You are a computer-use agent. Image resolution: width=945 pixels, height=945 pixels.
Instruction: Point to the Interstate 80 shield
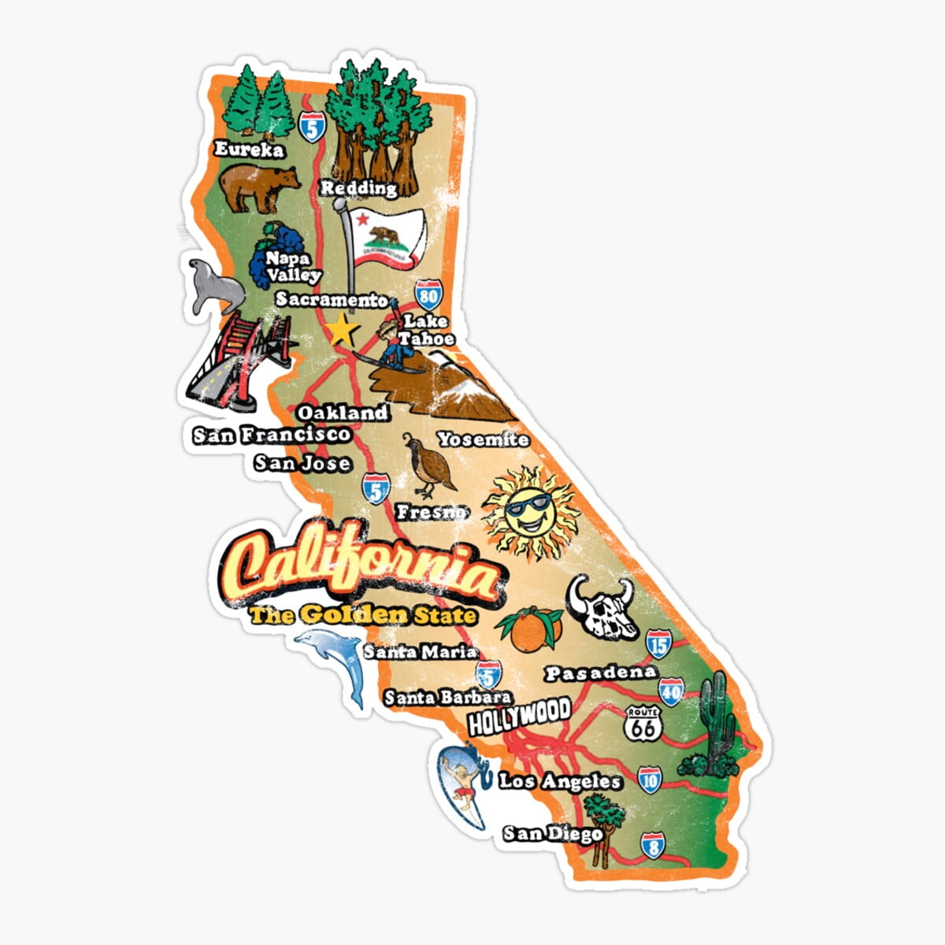pos(428,295)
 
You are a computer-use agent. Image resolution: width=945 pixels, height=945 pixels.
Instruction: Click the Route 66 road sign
pos(643,724)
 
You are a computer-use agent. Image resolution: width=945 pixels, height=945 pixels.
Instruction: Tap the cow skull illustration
pos(602,607)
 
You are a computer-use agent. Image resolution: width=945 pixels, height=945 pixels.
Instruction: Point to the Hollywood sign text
pos(519,715)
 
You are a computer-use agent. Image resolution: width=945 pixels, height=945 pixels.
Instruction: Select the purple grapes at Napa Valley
pos(268,252)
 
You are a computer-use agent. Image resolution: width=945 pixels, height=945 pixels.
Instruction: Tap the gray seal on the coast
pos(209,287)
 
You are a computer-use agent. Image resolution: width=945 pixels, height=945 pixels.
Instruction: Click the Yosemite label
pos(483,439)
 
